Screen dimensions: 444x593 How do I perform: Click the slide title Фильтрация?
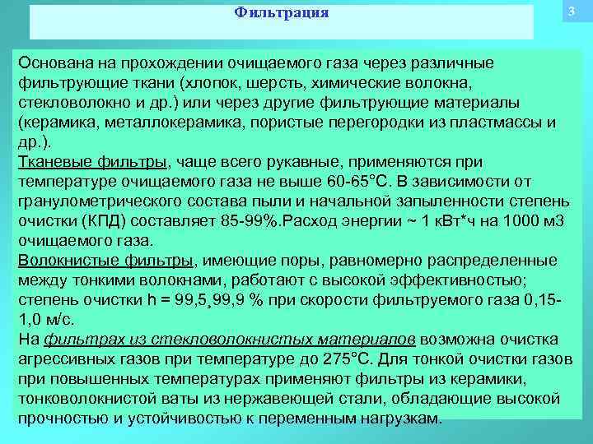click(x=282, y=13)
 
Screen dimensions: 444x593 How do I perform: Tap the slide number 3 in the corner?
click(x=570, y=12)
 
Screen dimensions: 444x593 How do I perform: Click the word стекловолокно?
click(x=75, y=104)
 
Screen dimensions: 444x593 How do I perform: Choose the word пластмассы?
click(x=500, y=123)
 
